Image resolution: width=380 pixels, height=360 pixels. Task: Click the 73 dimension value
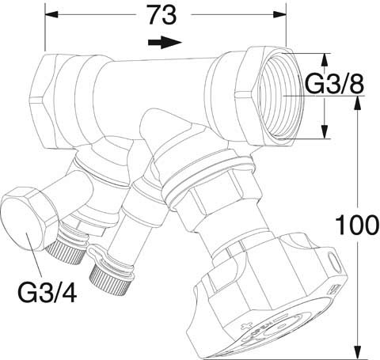pos(162,15)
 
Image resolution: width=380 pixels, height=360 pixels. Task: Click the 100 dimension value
pos(357,225)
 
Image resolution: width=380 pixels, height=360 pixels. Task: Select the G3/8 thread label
pos(334,84)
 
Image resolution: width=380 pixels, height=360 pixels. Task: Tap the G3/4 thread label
pos(47,292)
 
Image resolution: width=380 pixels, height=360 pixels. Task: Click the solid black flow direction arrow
pos(165,42)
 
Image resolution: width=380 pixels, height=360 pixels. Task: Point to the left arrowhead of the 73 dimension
pos(51,14)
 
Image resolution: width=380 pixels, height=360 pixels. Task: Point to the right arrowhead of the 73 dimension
pos(279,14)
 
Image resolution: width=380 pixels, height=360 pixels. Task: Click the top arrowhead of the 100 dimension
pos(357,102)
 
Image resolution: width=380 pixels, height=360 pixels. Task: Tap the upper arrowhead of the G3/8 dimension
pos(325,60)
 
